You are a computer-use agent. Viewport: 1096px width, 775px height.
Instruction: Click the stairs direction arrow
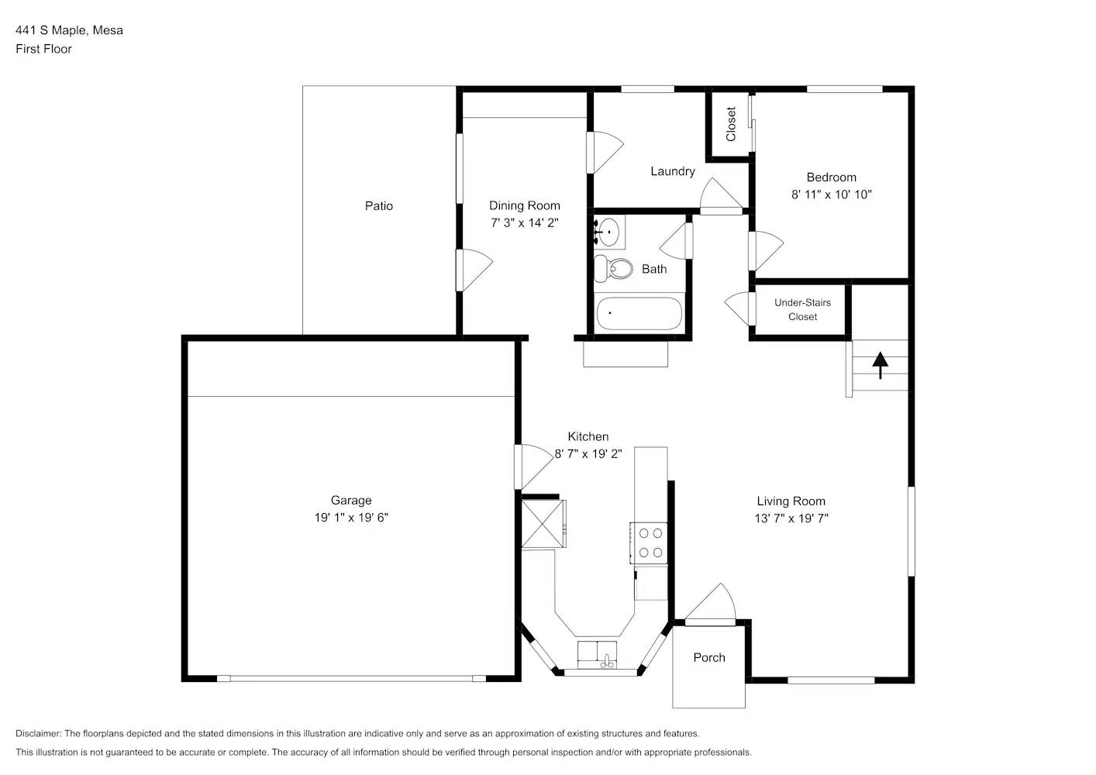point(880,364)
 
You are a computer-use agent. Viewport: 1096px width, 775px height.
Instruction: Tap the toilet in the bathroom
point(614,269)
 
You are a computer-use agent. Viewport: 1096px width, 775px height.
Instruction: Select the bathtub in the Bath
point(639,314)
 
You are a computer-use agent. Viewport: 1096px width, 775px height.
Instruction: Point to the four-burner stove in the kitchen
point(650,542)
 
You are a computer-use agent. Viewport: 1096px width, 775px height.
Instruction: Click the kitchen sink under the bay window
point(598,655)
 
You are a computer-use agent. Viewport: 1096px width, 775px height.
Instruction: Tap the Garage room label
point(351,501)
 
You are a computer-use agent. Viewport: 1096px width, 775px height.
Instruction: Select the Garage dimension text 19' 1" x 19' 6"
point(351,518)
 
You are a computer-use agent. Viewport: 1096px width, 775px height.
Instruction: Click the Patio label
point(379,205)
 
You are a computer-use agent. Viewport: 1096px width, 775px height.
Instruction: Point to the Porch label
point(708,657)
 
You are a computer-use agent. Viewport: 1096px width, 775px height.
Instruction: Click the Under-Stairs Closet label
point(802,309)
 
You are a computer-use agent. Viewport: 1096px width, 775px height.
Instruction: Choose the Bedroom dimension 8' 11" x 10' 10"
point(831,195)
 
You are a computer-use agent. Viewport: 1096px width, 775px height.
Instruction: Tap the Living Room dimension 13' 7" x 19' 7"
point(791,518)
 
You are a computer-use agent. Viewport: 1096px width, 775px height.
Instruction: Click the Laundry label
point(672,171)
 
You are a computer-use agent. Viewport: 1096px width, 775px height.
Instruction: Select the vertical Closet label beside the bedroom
point(731,124)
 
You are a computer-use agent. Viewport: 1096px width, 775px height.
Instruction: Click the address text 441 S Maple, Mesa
point(69,30)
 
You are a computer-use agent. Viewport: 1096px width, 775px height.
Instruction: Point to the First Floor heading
point(43,49)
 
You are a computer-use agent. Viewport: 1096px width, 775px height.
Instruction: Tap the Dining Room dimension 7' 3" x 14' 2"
point(524,222)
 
